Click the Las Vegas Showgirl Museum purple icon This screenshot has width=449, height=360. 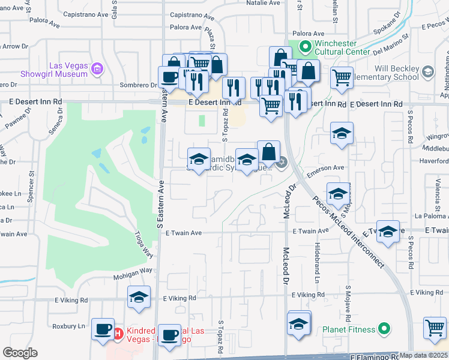point(97,71)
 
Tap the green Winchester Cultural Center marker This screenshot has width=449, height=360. point(305,46)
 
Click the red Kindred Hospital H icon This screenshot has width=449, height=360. point(118,332)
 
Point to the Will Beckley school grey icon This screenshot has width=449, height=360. point(427,72)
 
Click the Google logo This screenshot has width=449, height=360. point(20,352)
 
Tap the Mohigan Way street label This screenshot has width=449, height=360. point(133,271)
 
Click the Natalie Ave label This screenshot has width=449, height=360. point(264,3)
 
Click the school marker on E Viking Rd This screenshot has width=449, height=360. point(139,296)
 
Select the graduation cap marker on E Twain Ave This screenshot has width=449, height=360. point(388,231)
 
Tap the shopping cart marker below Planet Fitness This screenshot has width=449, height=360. point(435,328)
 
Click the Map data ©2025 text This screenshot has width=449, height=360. point(424,355)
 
